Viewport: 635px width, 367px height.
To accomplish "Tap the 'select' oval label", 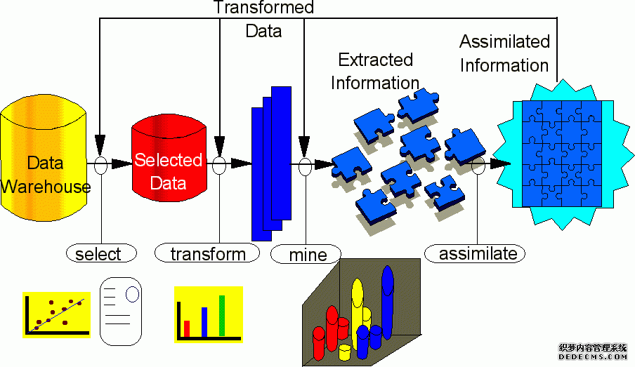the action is [101, 254].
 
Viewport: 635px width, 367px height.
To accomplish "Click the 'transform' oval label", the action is [207, 253].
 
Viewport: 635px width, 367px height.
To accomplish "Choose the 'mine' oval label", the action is [306, 255].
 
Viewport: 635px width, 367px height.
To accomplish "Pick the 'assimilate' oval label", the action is [475, 254].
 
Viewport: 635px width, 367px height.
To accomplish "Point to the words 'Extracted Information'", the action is [375, 71].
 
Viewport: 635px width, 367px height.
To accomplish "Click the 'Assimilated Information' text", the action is [504, 53].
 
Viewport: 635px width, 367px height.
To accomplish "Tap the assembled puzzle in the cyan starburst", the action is [562, 154].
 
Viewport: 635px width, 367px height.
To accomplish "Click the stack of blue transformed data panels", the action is [271, 164].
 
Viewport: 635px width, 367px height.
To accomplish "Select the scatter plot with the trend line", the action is [56, 314].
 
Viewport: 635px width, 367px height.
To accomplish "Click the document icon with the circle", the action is [121, 311].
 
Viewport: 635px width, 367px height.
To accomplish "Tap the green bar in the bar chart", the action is [222, 316].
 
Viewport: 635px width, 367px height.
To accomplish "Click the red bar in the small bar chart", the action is [187, 328].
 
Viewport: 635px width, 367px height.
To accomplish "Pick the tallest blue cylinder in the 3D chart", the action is [388, 302].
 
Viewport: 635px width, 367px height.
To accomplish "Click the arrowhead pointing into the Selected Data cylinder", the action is [122, 164].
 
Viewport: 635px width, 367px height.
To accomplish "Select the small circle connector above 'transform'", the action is [219, 165].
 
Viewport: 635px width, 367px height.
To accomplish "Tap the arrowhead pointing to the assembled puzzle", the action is [500, 164].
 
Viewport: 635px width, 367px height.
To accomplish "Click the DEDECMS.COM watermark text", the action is [592, 356].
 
